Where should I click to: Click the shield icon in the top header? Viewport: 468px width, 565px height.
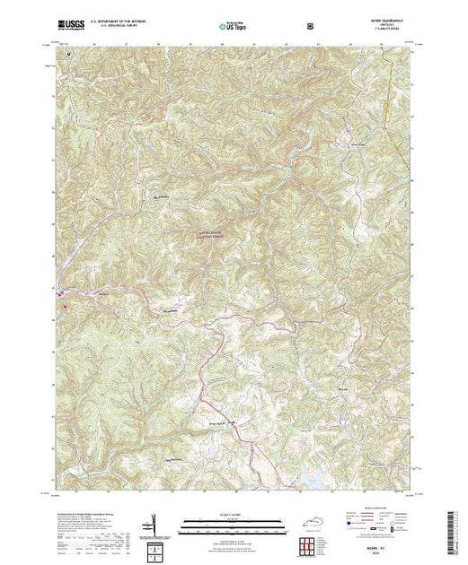pyautogui.click(x=309, y=27)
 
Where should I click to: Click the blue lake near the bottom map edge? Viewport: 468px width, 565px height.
pyautogui.click(x=309, y=479)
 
